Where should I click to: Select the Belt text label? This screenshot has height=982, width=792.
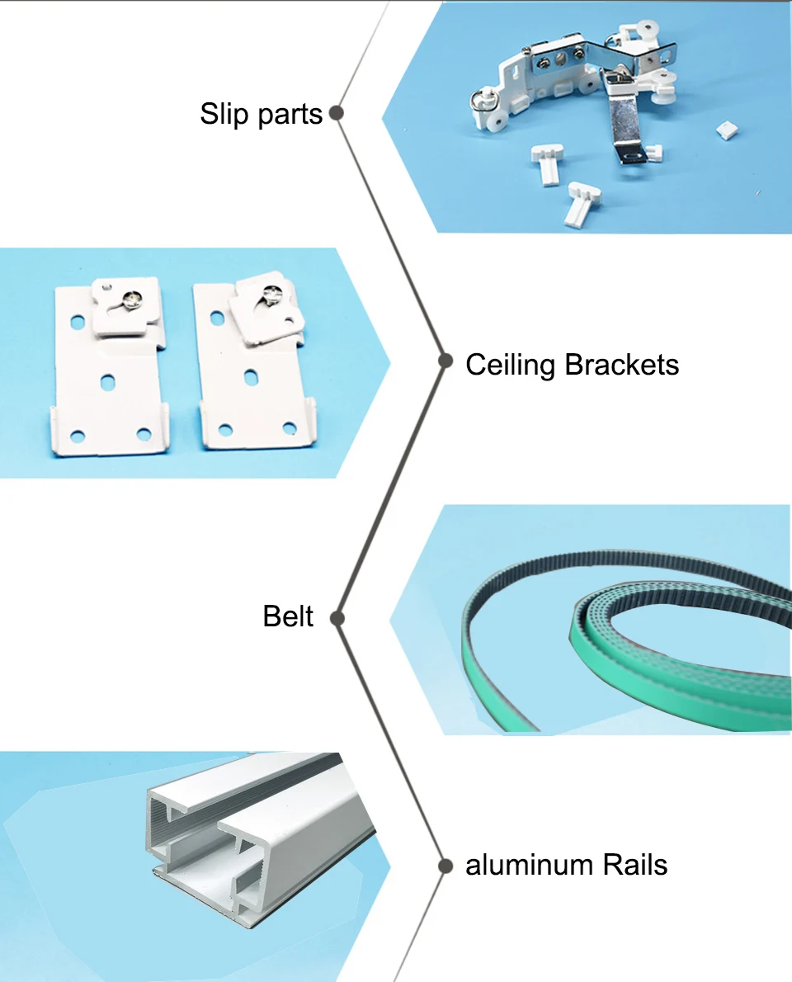pyautogui.click(x=288, y=616)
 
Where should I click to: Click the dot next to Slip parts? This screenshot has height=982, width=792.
pyautogui.click(x=336, y=113)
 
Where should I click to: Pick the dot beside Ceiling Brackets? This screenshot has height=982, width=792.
pyautogui.click(x=445, y=361)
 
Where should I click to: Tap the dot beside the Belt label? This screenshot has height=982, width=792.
pyautogui.click(x=335, y=617)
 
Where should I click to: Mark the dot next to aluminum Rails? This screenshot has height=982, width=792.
pyautogui.click(x=445, y=866)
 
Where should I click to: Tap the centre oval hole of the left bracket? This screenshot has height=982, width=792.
pyautogui.click(x=107, y=382)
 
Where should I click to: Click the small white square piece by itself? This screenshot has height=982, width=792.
pyautogui.click(x=727, y=129)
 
